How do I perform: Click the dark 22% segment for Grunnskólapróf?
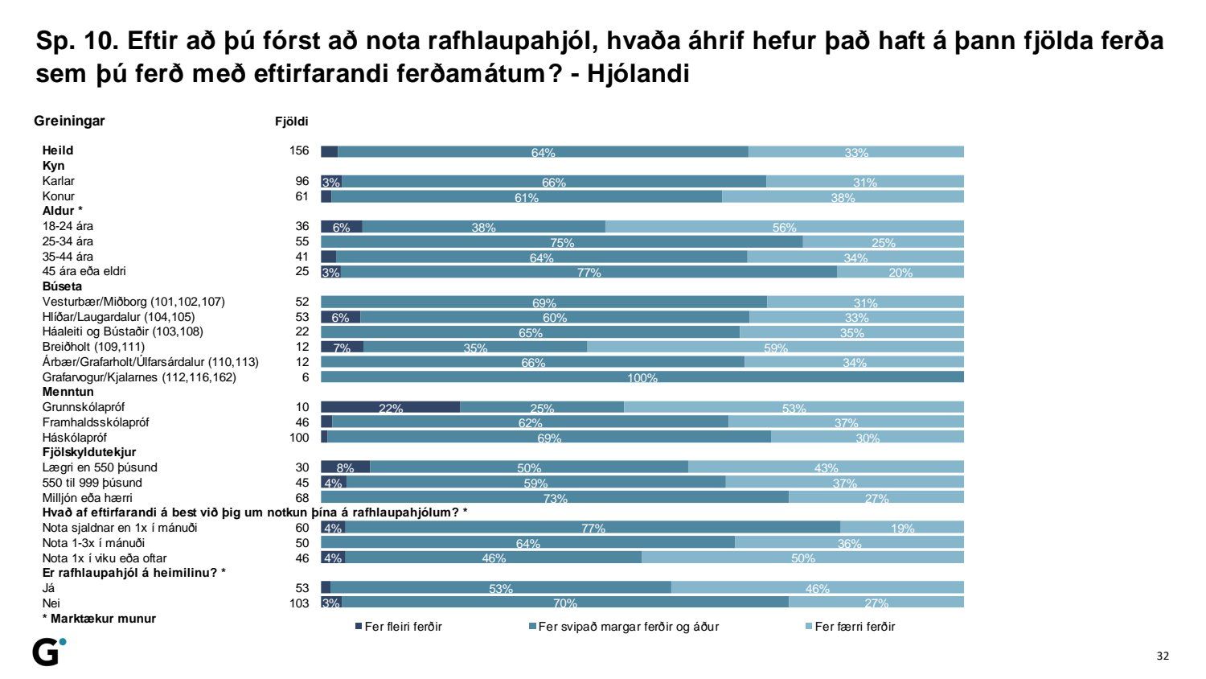(x=390, y=407)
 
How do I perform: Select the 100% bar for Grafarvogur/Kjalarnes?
(x=642, y=377)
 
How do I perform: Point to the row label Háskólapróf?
(x=75, y=437)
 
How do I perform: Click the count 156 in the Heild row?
(x=299, y=150)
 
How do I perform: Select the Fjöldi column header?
(x=292, y=121)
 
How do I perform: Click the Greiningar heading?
(x=69, y=121)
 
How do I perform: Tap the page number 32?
(x=1163, y=656)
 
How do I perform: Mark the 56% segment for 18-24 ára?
(x=784, y=227)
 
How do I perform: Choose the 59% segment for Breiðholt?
(x=775, y=347)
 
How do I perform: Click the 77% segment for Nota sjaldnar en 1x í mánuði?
(x=593, y=528)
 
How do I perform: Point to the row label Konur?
(x=59, y=196)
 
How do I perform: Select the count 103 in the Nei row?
(x=299, y=603)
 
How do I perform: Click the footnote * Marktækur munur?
(x=99, y=619)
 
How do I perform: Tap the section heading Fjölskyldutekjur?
(x=89, y=452)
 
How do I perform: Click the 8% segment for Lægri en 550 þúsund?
(x=345, y=467)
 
